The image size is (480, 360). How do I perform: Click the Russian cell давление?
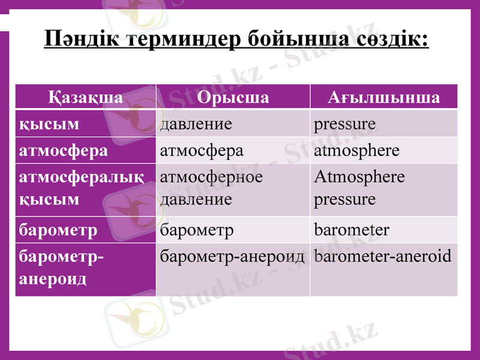[x=196, y=124]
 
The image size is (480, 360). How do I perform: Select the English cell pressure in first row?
[x=344, y=124]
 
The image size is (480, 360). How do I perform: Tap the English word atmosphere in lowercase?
[x=356, y=150]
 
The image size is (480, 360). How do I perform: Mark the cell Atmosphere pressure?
[x=359, y=187]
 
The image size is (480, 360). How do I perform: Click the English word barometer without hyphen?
[x=352, y=230]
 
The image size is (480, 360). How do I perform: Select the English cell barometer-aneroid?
[x=382, y=256]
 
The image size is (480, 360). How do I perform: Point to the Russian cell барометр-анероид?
[x=232, y=256]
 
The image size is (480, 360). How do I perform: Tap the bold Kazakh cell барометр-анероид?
[x=61, y=268]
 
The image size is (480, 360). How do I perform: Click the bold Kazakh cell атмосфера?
[x=64, y=150]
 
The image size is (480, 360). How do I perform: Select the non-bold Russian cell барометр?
[x=197, y=230]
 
